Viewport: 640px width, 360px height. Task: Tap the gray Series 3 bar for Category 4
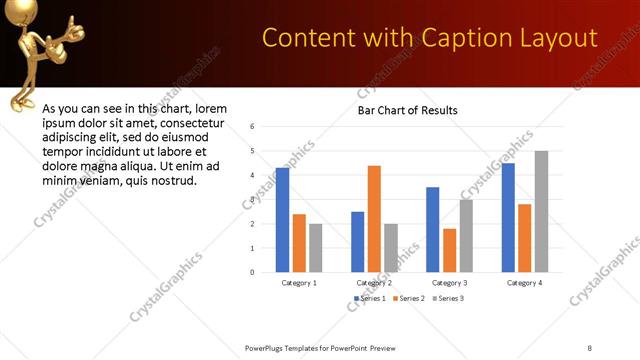tap(541, 211)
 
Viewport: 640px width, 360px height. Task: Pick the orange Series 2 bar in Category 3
tap(449, 250)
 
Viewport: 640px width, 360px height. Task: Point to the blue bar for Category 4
tap(508, 217)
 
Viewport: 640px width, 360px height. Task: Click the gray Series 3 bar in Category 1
tap(316, 247)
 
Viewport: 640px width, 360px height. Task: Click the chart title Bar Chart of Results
tap(408, 110)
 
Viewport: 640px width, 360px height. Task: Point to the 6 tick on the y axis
tap(253, 127)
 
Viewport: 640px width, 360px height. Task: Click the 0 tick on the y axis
tap(253, 272)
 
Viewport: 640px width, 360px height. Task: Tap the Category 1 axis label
tap(299, 283)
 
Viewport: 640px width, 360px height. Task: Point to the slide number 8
tap(591, 346)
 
